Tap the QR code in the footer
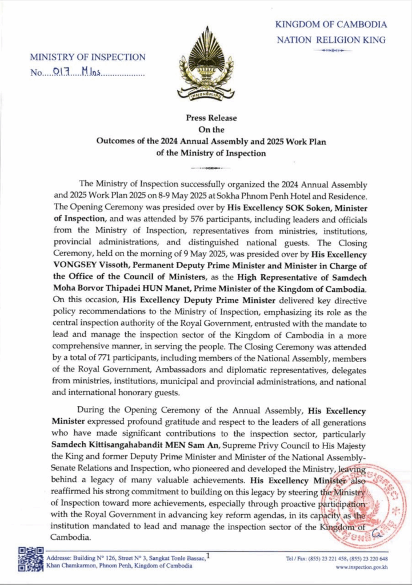point(31,559)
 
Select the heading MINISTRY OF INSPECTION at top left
point(87,57)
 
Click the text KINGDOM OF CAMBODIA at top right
point(331,25)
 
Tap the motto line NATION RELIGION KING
point(331,40)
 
